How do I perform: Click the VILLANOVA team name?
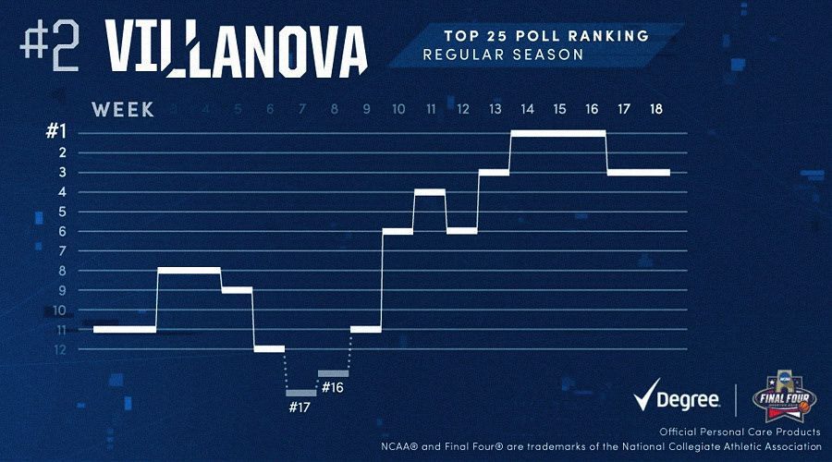point(236,43)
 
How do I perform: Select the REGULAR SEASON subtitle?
point(503,55)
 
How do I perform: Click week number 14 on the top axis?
point(527,109)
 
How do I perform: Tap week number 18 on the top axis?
point(655,109)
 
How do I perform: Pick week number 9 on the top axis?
point(366,109)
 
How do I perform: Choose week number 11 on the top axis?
point(431,109)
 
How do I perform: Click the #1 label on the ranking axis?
point(56,132)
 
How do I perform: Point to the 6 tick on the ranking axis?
point(61,231)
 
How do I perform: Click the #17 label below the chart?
point(300,407)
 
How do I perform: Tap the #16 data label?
point(333,387)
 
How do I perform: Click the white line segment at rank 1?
point(558,134)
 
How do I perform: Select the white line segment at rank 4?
point(430,191)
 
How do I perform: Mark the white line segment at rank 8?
point(190,270)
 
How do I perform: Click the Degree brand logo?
point(678,399)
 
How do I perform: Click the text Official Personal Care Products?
point(740,432)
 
